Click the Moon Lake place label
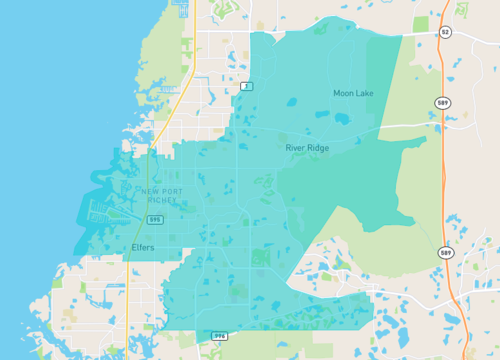353,94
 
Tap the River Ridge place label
306,148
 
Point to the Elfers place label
142,246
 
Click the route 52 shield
444,33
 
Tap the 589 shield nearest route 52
442,102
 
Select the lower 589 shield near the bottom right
443,254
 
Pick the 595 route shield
155,218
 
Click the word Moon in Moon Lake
344,94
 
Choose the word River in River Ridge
296,148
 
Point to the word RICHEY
161,201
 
